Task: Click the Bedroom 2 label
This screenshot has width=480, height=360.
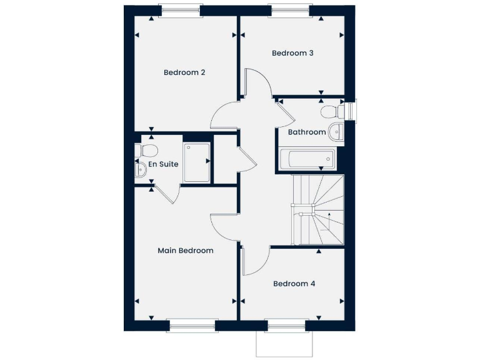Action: (184, 72)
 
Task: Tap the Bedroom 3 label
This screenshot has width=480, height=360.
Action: (292, 53)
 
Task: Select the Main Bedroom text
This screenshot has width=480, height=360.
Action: (185, 251)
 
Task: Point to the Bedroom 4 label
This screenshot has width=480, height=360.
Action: (294, 284)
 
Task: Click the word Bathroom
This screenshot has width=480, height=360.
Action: (306, 132)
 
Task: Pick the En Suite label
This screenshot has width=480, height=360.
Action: (163, 164)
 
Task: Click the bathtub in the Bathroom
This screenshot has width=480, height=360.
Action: (307, 159)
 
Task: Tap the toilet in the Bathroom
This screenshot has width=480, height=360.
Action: (329, 112)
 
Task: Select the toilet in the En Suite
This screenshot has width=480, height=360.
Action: (147, 150)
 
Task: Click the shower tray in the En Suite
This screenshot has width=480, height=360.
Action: (197, 162)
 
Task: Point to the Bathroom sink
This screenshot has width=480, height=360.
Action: (336, 131)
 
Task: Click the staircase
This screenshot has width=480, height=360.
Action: (317, 209)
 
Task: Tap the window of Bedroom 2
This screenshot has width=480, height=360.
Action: (181, 11)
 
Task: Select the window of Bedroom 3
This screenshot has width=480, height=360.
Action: (289, 11)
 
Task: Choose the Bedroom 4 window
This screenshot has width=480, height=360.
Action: (286, 326)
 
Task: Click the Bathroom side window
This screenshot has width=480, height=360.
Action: (351, 110)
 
